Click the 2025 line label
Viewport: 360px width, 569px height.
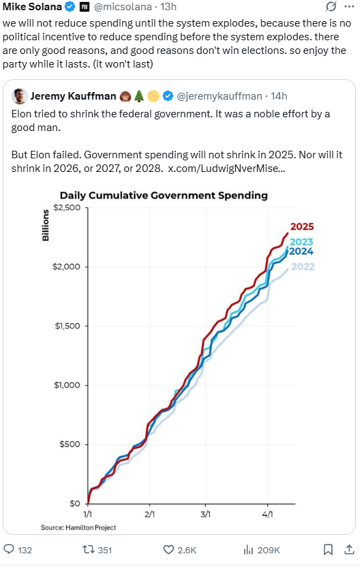pyautogui.click(x=301, y=227)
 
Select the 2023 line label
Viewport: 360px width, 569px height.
pyautogui.click(x=301, y=242)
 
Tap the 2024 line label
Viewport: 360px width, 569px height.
pyautogui.click(x=301, y=251)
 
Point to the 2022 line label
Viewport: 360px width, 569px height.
pyautogui.click(x=303, y=267)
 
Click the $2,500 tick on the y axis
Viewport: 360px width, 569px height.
pyautogui.click(x=67, y=207)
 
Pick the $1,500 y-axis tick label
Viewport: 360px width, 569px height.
pyautogui.click(x=67, y=326)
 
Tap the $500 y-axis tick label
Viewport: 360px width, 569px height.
pyautogui.click(x=70, y=444)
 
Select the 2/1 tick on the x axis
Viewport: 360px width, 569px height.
pyautogui.click(x=150, y=514)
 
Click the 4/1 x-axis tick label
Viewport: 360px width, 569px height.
pyautogui.click(x=267, y=514)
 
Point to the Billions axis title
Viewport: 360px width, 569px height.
pyautogui.click(x=45, y=225)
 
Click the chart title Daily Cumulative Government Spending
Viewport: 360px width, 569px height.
pyautogui.click(x=164, y=195)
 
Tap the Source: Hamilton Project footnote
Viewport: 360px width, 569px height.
pyautogui.click(x=78, y=527)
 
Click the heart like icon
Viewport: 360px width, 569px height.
pyautogui.click(x=168, y=550)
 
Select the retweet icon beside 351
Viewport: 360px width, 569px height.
pyautogui.click(x=89, y=550)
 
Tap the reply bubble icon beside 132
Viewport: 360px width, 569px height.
pyautogui.click(x=9, y=549)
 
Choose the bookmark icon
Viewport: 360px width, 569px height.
pyautogui.click(x=328, y=550)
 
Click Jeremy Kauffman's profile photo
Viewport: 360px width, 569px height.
pyautogui.click(x=20, y=96)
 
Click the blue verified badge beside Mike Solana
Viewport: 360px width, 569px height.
pyautogui.click(x=70, y=7)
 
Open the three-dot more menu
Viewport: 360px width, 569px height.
pyautogui.click(x=349, y=7)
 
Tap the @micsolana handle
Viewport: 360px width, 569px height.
pyautogui.click(x=123, y=7)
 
